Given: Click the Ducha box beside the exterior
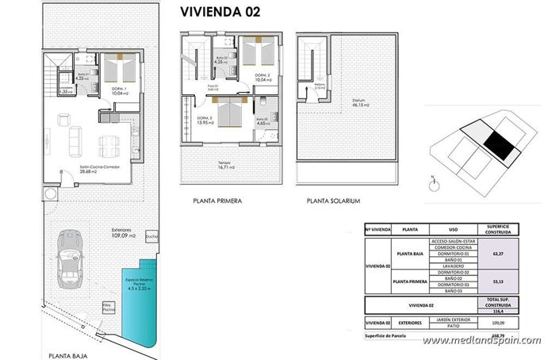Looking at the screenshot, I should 151,236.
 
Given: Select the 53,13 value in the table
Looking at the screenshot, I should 499,281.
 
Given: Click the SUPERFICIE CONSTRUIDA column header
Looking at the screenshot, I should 499,229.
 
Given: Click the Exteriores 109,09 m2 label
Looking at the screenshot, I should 122,234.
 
